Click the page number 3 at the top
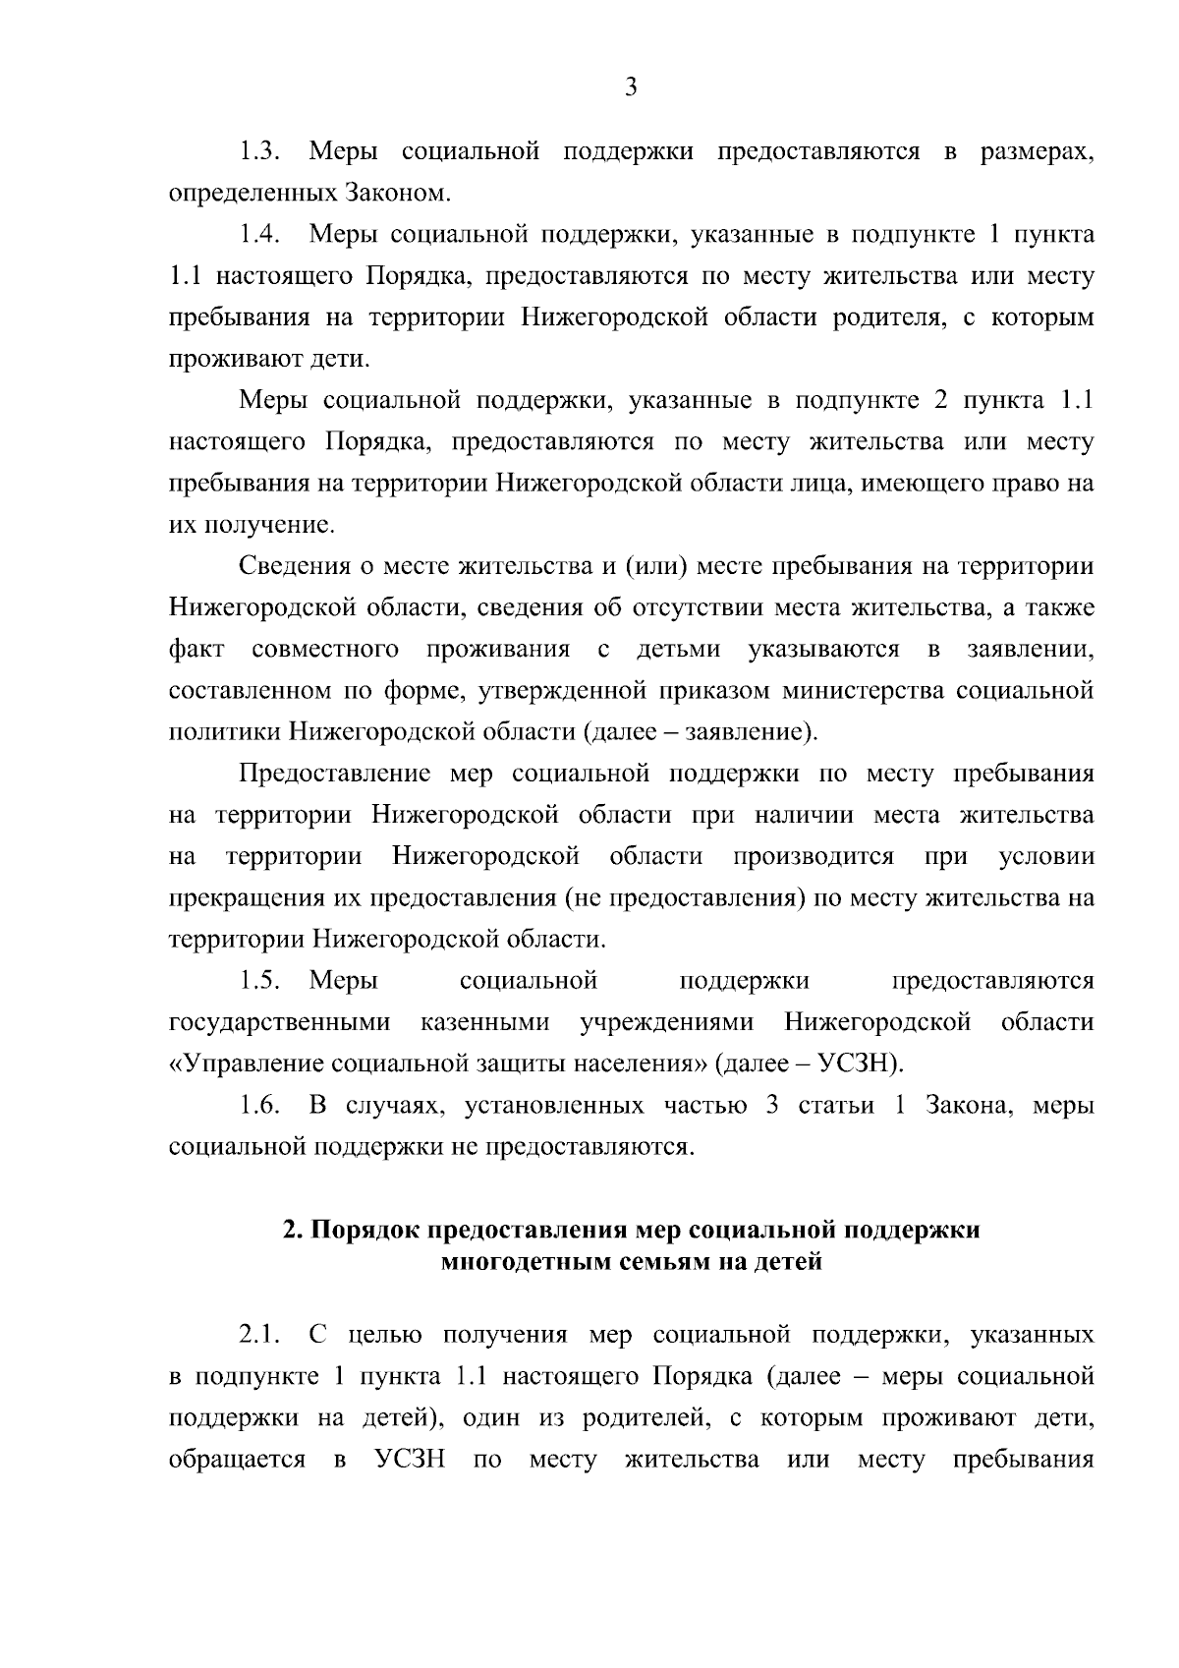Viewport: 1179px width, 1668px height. click(x=631, y=87)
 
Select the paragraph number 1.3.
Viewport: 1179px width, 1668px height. click(x=260, y=152)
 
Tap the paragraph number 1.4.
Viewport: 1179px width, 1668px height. click(x=260, y=235)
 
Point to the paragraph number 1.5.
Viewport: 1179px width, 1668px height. click(x=260, y=981)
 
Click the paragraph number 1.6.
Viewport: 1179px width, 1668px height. click(x=260, y=1106)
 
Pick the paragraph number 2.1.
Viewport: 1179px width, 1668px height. click(x=260, y=1335)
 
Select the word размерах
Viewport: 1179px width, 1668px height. click(x=1037, y=152)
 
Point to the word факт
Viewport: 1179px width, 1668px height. click(x=196, y=650)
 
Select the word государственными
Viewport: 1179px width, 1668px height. click(x=279, y=1022)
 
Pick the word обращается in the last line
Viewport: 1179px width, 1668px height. click(x=237, y=1460)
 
